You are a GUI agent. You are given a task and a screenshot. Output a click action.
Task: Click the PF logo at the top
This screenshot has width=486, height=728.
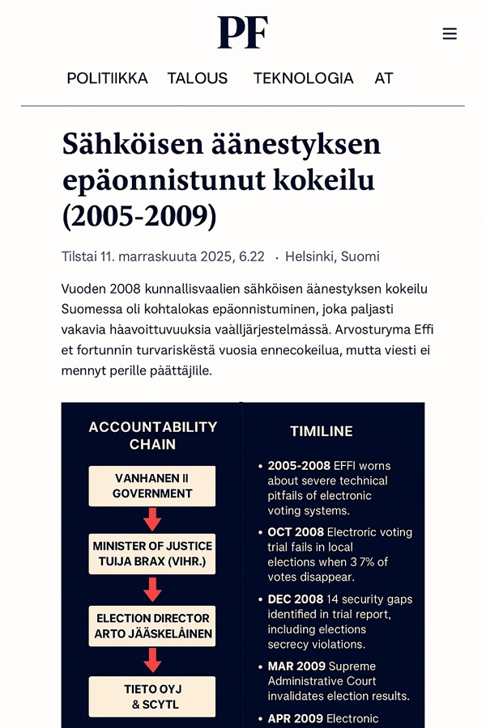pyautogui.click(x=242, y=32)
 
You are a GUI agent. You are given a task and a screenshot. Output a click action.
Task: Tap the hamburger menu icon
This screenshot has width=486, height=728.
pyautogui.click(x=450, y=33)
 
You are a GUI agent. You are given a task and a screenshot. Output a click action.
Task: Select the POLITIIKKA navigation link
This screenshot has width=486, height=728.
pyautogui.click(x=107, y=78)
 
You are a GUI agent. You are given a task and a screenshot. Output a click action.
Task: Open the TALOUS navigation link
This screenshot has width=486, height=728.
pyautogui.click(x=198, y=78)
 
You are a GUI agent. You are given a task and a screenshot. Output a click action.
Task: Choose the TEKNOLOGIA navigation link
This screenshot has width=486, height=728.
pyautogui.click(x=303, y=78)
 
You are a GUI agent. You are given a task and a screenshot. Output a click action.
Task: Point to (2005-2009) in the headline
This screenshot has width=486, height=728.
pyautogui.click(x=139, y=215)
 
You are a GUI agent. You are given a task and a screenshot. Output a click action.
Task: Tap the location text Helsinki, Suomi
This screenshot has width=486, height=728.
pyautogui.click(x=332, y=257)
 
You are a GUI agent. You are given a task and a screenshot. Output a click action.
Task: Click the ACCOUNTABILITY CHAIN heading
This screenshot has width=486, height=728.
pyautogui.click(x=152, y=435)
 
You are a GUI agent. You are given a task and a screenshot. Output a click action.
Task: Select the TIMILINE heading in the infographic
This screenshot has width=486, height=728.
pyautogui.click(x=322, y=431)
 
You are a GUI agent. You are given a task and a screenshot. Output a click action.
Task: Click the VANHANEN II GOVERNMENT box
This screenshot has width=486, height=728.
pyautogui.click(x=152, y=486)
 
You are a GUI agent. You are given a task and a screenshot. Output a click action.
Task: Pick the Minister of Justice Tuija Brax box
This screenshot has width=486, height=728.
pyautogui.click(x=152, y=554)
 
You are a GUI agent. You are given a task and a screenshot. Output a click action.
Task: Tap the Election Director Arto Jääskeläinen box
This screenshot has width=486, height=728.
pyautogui.click(x=152, y=626)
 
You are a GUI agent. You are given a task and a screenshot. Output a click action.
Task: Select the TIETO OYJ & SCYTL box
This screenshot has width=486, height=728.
pyautogui.click(x=152, y=696)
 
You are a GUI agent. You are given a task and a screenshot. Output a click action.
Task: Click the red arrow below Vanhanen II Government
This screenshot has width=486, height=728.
pyautogui.click(x=152, y=519)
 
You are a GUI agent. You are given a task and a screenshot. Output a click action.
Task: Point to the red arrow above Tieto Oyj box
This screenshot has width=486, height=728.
pyautogui.click(x=152, y=660)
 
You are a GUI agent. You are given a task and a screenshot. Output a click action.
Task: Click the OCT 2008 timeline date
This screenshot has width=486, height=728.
pyautogui.click(x=296, y=532)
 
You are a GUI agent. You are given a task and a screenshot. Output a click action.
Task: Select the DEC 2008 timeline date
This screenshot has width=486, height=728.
pyautogui.click(x=296, y=599)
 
